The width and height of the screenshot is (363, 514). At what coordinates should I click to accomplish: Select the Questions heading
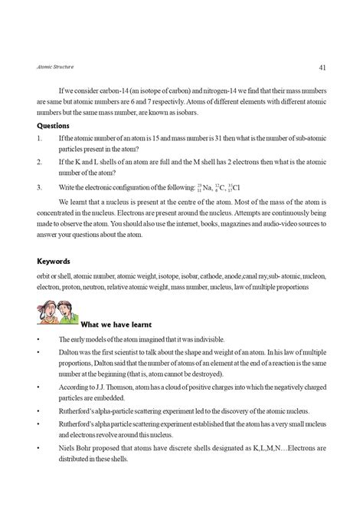[x=56, y=126]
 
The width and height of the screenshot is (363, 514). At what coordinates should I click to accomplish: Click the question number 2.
[x=39, y=162]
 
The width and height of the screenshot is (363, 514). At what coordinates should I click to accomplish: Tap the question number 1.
[x=39, y=138]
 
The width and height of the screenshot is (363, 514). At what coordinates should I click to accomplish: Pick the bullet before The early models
[x=38, y=338]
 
